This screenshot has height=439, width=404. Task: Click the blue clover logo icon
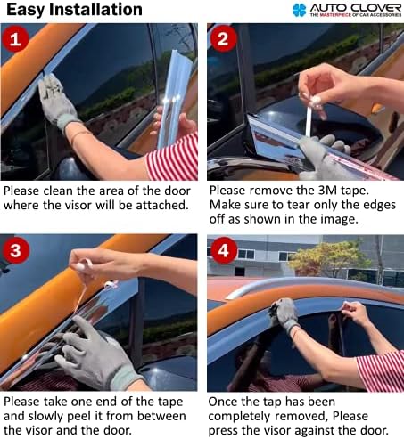click(299, 11)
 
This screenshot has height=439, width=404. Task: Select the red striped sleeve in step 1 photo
click(175, 158)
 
